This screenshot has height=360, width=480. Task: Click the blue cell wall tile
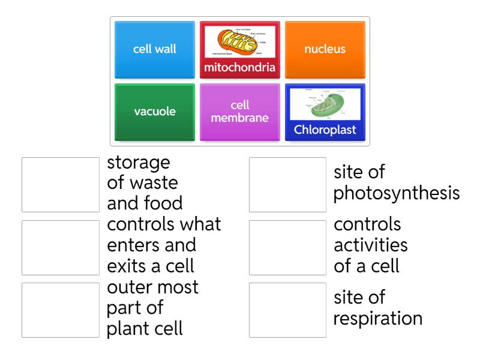155,50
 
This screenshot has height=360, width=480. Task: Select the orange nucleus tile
325,50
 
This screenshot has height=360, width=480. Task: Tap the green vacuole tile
155,112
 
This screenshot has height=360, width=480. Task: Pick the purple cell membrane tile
240,112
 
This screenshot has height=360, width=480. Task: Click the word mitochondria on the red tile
240,67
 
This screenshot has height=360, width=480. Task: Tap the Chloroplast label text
325,130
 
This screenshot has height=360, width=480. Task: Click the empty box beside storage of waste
61,185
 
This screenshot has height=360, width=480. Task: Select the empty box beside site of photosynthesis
287,185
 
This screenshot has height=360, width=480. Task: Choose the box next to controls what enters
61,247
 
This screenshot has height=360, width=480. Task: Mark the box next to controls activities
287,247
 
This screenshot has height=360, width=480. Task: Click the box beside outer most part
61,310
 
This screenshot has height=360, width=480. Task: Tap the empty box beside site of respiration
287,310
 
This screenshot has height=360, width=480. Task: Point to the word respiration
377,318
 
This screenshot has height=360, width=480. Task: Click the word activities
370,245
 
